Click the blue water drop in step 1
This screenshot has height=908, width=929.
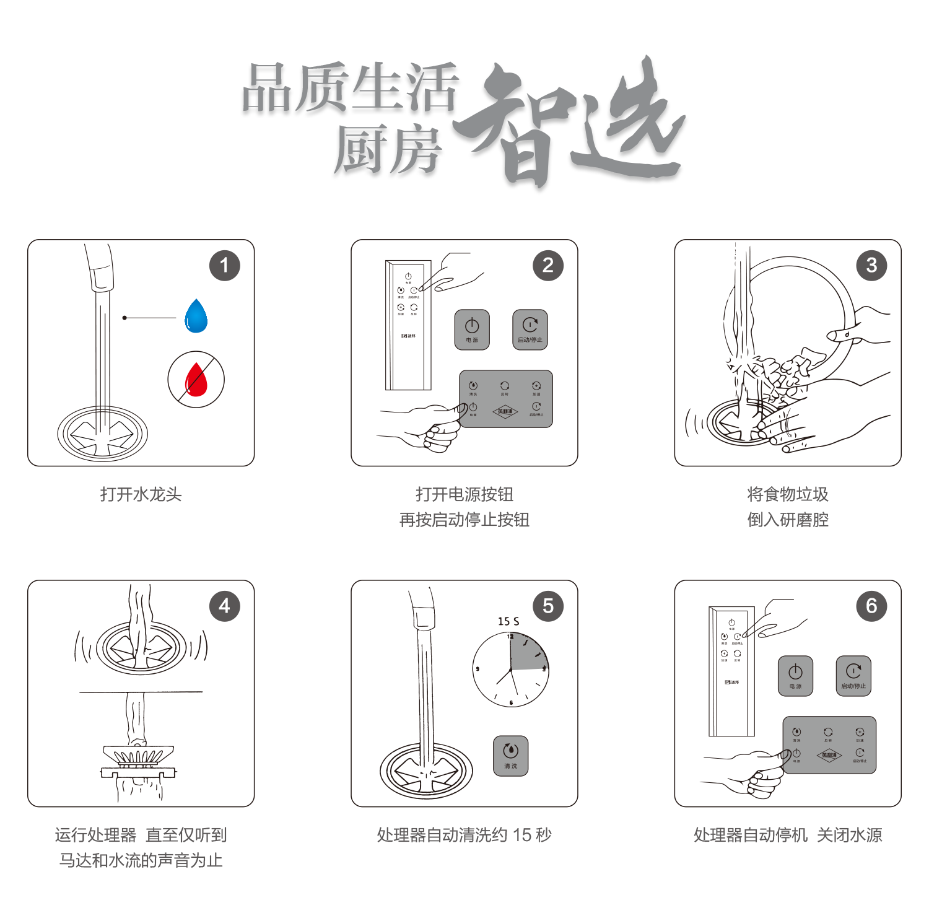point(196,316)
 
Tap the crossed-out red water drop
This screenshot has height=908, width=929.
point(196,380)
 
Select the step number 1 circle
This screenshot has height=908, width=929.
point(224,266)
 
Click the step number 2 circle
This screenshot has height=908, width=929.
point(548,266)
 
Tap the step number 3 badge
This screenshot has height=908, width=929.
point(871,266)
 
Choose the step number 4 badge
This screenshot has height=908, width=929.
point(224,606)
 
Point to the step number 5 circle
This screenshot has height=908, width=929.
point(548,606)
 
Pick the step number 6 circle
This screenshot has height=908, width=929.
point(871,606)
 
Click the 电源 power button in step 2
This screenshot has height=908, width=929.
point(472,330)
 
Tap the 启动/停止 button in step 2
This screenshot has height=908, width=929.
point(530,330)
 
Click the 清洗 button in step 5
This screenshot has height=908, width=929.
point(510,756)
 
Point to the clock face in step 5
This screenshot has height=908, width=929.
point(510,670)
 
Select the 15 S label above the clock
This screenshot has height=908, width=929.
point(508,621)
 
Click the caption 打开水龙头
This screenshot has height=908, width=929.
point(141,494)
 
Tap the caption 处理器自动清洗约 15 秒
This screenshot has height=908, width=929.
point(464,835)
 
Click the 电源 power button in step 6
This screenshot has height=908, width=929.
point(795,676)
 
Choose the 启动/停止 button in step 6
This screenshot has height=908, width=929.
point(853,676)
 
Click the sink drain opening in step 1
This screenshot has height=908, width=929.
point(103,434)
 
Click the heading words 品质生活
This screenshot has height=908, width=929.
point(351,90)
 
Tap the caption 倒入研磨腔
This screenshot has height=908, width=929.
point(788,520)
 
